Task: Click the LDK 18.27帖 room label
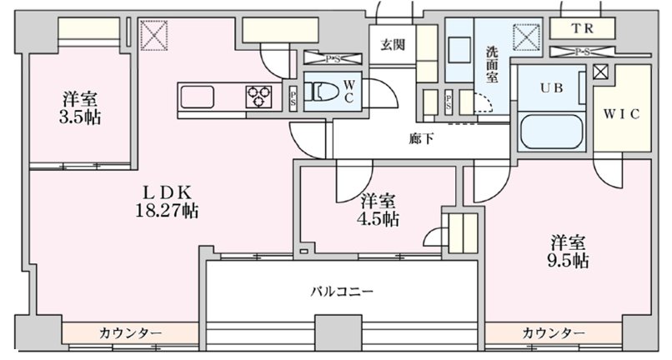pyautogui.click(x=166, y=201)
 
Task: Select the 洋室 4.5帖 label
pyautogui.click(x=379, y=210)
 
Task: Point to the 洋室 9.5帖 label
pyautogui.click(x=569, y=251)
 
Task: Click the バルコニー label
pyautogui.click(x=342, y=291)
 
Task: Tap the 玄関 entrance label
pyautogui.click(x=393, y=45)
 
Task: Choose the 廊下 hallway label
pyautogui.click(x=421, y=139)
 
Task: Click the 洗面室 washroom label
pyautogui.click(x=493, y=62)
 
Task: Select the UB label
pyautogui.click(x=550, y=87)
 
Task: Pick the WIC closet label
pyautogui.click(x=622, y=114)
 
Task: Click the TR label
pyautogui.click(x=583, y=27)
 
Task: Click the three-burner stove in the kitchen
pyautogui.click(x=258, y=97)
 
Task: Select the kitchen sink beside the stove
pyautogui.click(x=198, y=97)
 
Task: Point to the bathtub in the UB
pyautogui.click(x=551, y=132)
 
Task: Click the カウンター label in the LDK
pyautogui.click(x=131, y=332)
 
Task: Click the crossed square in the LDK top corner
pyautogui.click(x=154, y=34)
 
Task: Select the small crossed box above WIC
pyautogui.click(x=600, y=72)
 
